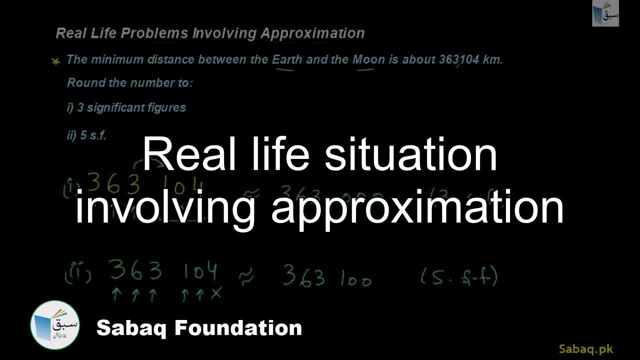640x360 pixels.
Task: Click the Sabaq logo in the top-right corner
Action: coord(605,13)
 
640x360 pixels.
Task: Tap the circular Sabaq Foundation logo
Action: coord(54,325)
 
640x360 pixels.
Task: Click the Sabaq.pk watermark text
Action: coord(585,348)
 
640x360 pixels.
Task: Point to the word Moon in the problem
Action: coord(369,59)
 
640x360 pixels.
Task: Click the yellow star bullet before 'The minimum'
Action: coord(56,61)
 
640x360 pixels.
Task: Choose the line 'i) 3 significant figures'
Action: coord(126,107)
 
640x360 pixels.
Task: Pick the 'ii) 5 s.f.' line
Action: coord(86,135)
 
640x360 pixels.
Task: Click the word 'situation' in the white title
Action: coord(410,154)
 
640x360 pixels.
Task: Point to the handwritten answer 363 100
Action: coord(327,276)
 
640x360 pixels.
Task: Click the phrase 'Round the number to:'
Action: coord(129,83)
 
